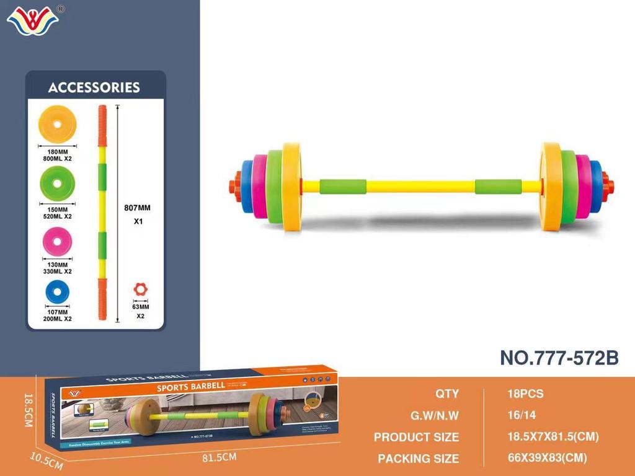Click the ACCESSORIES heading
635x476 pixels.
click(x=94, y=87)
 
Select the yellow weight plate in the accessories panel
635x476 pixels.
click(x=57, y=124)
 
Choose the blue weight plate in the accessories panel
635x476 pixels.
click(x=57, y=293)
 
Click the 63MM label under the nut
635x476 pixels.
click(x=141, y=307)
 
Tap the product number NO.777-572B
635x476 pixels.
click(x=559, y=358)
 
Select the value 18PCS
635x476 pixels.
click(x=525, y=394)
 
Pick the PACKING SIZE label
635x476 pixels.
click(x=419, y=459)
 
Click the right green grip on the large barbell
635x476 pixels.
click(x=499, y=187)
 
